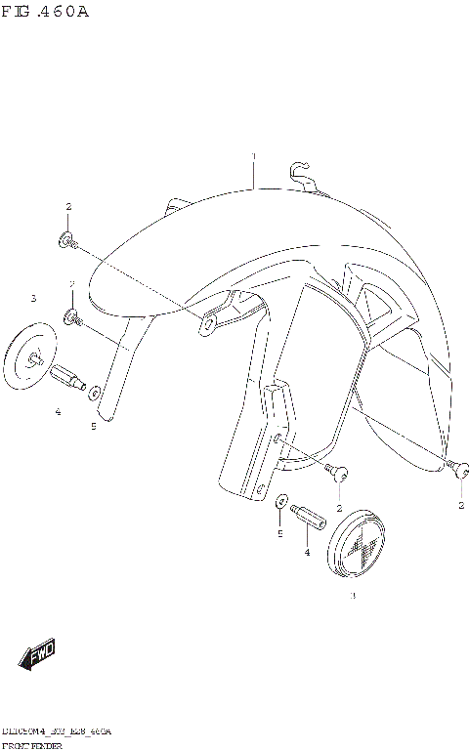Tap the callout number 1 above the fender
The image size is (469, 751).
pyautogui.click(x=253, y=157)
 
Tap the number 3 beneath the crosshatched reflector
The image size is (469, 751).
pyautogui.click(x=353, y=595)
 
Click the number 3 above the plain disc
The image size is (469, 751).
pyautogui.click(x=32, y=298)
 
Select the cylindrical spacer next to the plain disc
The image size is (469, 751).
pyautogui.click(x=68, y=376)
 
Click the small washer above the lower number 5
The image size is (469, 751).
pyautogui.click(x=281, y=500)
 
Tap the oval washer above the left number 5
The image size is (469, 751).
pyautogui.click(x=97, y=394)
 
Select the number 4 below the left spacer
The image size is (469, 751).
pyautogui.click(x=58, y=412)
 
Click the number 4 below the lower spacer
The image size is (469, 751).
pyautogui.click(x=307, y=553)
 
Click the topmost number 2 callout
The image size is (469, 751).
pyautogui.click(x=68, y=207)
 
